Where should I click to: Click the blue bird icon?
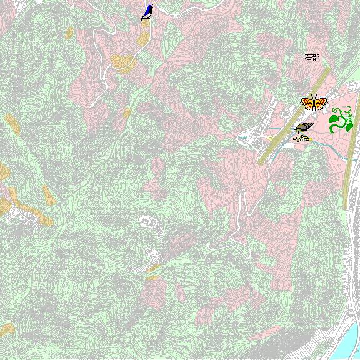pyautogui.click(x=148, y=12)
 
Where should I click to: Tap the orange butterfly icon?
pyautogui.click(x=314, y=102)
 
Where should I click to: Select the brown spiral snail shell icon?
pyautogui.click(x=304, y=127)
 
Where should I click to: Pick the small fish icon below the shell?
pyautogui.click(x=302, y=138)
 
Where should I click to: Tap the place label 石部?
pyautogui.click(x=312, y=57)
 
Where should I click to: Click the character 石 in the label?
pyautogui.click(x=308, y=57)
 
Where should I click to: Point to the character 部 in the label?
pyautogui.click(x=316, y=57)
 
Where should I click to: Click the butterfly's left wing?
pyautogui.click(x=307, y=103)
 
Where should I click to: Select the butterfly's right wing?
pyautogui.click(x=321, y=103)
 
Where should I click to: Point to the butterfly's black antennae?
pyautogui.click(x=314, y=96)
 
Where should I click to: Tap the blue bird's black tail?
pyautogui.click(x=143, y=19)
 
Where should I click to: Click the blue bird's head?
pyautogui.click(x=151, y=7)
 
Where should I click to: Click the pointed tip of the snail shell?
pyautogui.click(x=296, y=129)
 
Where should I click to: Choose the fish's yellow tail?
pyautogui.click(x=295, y=139)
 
